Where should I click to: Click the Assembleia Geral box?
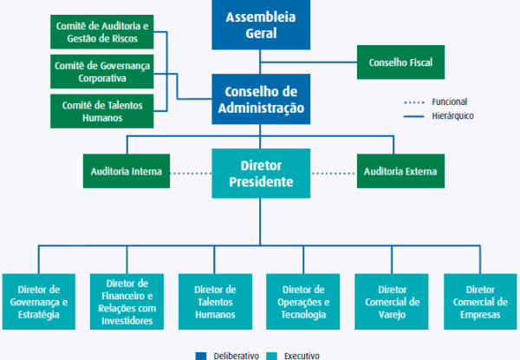[259, 25]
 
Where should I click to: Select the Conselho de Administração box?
[259, 100]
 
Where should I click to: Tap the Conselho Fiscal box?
[400, 62]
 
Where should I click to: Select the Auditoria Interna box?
[126, 171]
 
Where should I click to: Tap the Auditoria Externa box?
[400, 171]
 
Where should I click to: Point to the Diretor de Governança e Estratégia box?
[38, 301]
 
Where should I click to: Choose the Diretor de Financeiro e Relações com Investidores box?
[126, 301]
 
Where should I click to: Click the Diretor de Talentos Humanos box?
[215, 301]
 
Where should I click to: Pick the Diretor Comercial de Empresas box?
[480, 301]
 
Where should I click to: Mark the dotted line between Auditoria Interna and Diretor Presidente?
[190, 172]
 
